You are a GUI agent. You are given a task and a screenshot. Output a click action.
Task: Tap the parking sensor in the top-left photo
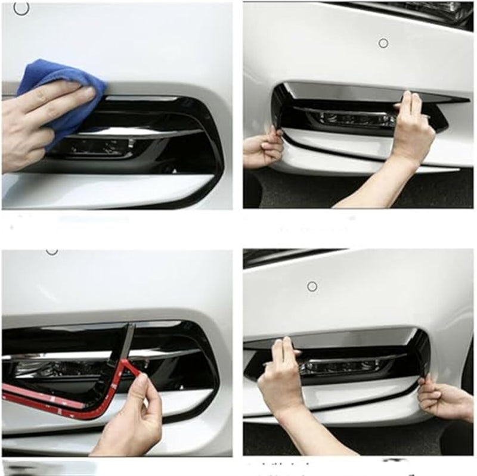click(x=21, y=8)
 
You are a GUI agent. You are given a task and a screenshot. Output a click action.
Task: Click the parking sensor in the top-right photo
click(x=383, y=43)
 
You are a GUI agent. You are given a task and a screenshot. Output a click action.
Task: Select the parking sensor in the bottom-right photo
click(x=312, y=287)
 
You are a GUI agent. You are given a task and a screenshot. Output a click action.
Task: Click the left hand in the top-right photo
click(x=262, y=149)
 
